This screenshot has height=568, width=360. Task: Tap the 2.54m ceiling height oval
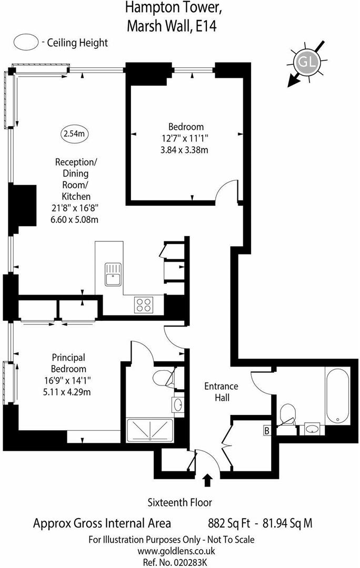pyautogui.click(x=74, y=134)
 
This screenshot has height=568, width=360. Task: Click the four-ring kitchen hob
pyautogui.click(x=144, y=303)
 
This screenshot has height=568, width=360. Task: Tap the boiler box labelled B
pyautogui.click(x=267, y=431)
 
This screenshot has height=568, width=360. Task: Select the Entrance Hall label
pyautogui.click(x=221, y=392)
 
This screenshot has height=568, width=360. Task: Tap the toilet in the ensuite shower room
pyautogui.click(x=166, y=378)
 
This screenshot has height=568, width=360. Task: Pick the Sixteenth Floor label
pyautogui.click(x=179, y=502)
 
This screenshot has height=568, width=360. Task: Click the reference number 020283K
pyautogui.click(x=179, y=562)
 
